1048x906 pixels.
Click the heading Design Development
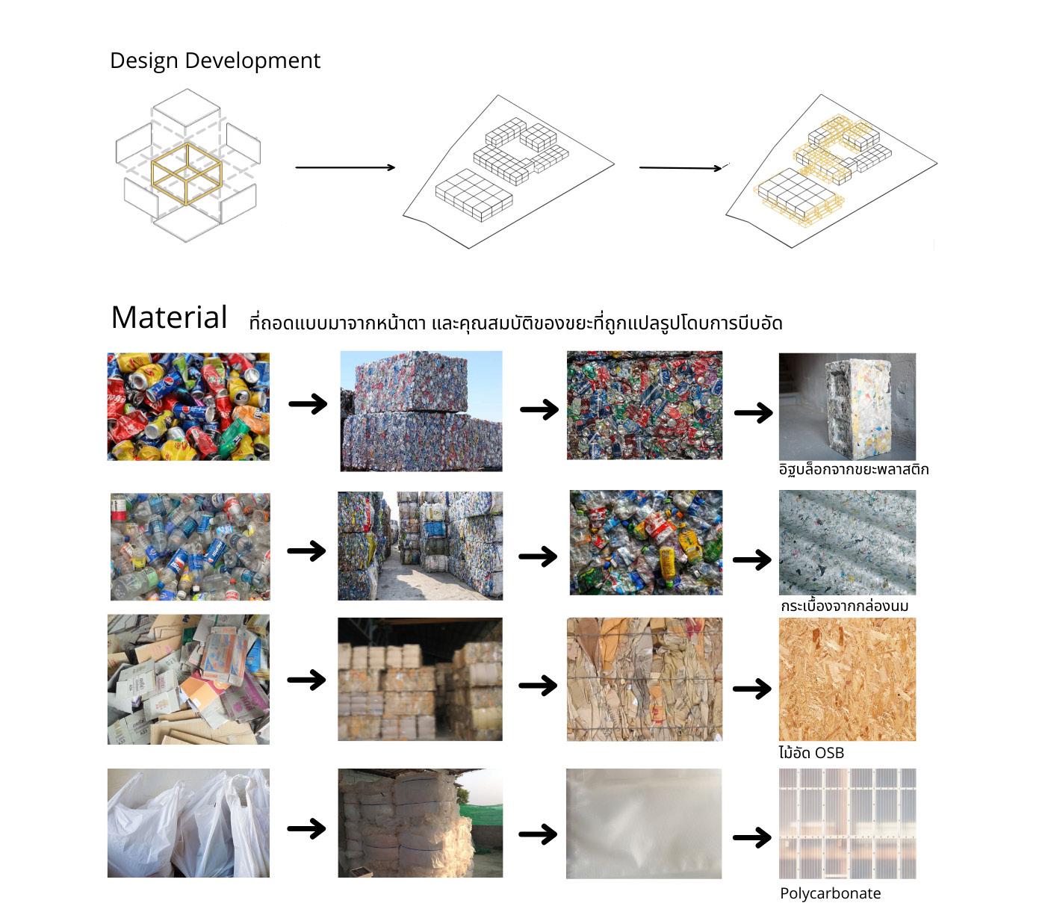click(x=215, y=60)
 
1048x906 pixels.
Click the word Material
click(x=169, y=317)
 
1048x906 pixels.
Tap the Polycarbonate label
click(x=830, y=893)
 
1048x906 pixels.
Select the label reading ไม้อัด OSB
click(x=811, y=753)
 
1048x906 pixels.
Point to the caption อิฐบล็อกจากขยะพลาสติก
click(x=854, y=470)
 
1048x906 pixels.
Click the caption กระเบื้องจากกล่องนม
click(x=844, y=606)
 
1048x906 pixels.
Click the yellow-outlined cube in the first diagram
click(x=187, y=173)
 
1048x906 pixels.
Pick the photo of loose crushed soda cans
click(x=188, y=406)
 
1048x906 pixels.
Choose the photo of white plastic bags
click(x=188, y=822)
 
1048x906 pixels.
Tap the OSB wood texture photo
click(x=847, y=679)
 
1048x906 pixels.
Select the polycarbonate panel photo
click(x=847, y=823)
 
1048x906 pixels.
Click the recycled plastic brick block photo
click(x=847, y=406)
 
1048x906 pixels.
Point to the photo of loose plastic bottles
click(x=190, y=546)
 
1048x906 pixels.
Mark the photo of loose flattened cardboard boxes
click(x=188, y=679)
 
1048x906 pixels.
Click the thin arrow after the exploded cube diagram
click(x=345, y=167)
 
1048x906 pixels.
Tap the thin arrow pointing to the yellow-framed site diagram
click(x=680, y=167)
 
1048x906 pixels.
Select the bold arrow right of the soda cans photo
click(x=308, y=404)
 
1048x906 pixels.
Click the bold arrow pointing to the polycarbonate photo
click(x=752, y=837)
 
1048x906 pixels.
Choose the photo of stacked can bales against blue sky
click(x=421, y=411)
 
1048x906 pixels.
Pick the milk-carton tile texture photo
click(x=847, y=542)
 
